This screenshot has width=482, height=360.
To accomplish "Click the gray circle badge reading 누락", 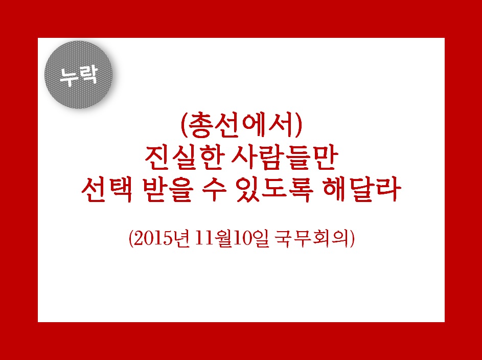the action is coord(78,75).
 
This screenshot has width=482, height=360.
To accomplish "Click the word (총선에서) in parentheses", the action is coord(242,126).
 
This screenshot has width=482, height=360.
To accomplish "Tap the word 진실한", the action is coord(183,159).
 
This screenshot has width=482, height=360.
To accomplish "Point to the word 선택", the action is coord(107,191).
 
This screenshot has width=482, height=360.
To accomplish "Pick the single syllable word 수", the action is coord(214,191).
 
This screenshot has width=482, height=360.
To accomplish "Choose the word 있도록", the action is coord(275,191).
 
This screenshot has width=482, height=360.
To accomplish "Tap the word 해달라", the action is coord(362,191).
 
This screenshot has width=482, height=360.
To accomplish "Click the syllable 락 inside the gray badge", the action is coord(88,74).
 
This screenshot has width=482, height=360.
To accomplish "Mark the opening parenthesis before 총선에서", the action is coord(184,126).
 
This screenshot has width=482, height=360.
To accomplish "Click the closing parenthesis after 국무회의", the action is coord(352,239).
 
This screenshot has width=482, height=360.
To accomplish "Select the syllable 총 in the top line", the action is coord(200,126).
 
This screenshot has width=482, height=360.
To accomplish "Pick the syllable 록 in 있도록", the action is coord(301,191).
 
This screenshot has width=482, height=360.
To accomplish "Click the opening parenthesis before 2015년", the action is coord(131,239).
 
